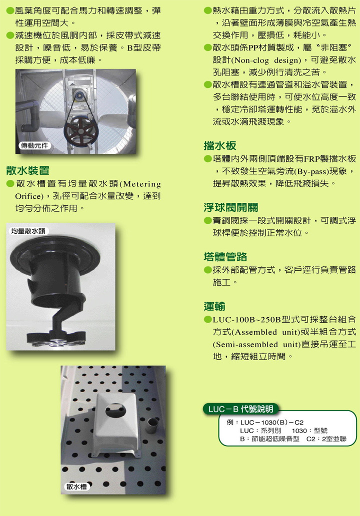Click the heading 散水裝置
click(27, 170)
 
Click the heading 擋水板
click(219, 145)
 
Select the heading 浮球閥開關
click(230, 207)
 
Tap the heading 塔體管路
click(225, 257)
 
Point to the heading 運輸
click(214, 306)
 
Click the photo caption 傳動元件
click(34, 146)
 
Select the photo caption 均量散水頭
click(28, 231)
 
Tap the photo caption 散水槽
click(76, 487)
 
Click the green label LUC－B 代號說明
click(241, 409)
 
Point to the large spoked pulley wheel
click(81, 131)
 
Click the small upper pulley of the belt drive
click(78, 95)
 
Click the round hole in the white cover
click(116, 412)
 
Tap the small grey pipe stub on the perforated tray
click(152, 426)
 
